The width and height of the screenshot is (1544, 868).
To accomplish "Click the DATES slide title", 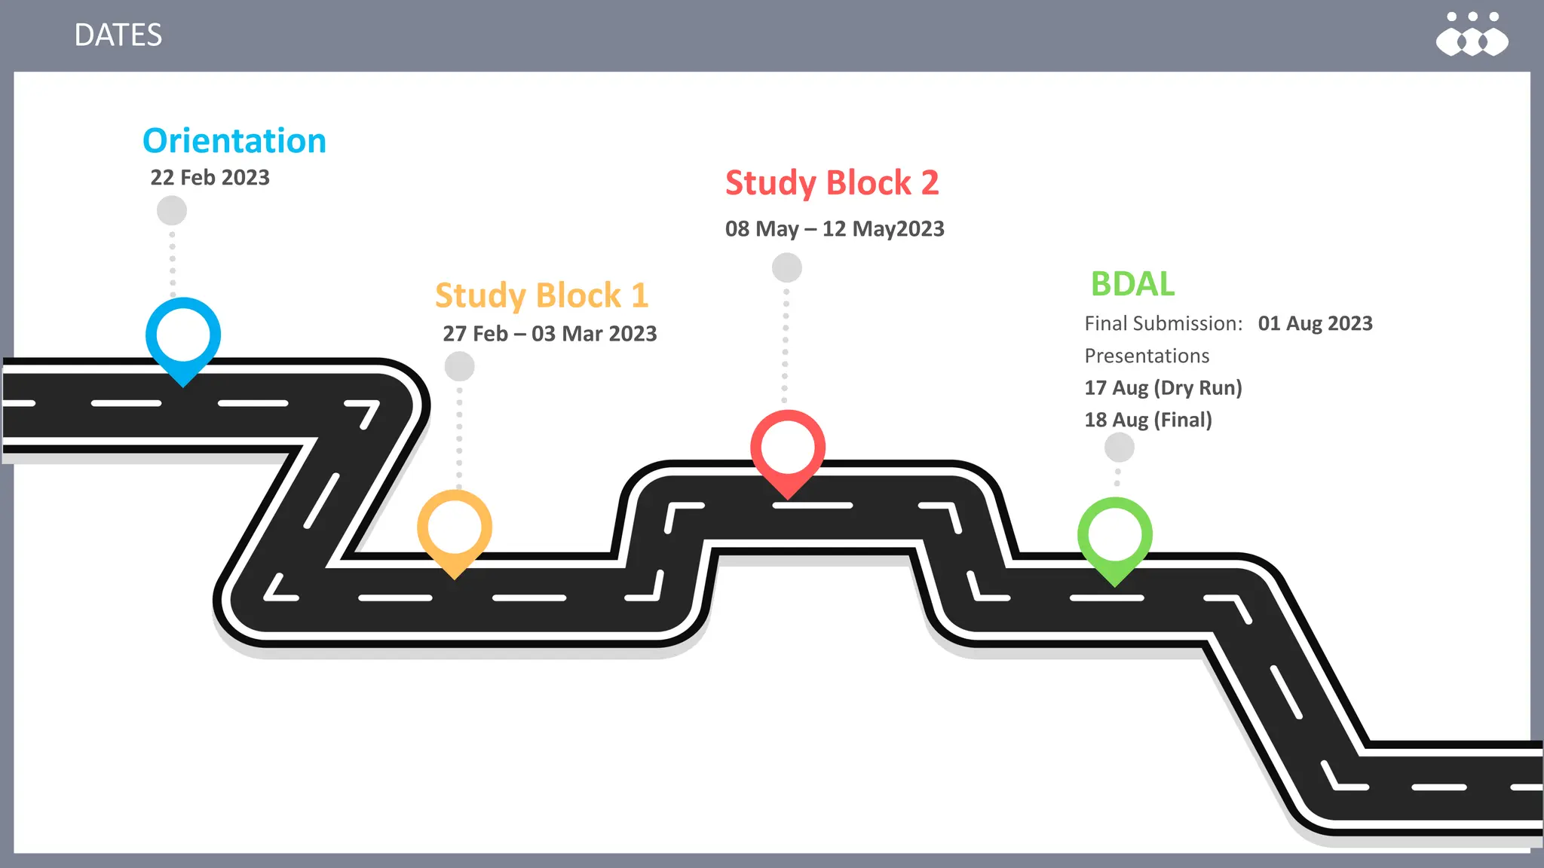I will click(118, 35).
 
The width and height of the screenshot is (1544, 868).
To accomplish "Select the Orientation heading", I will click(234, 141).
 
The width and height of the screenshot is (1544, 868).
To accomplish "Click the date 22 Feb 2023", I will click(210, 177).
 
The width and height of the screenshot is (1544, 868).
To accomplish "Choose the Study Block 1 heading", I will click(541, 295).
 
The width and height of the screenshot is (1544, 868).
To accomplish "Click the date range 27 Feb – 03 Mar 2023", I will click(550, 334).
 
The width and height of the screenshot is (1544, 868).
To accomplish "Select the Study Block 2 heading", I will click(832, 183).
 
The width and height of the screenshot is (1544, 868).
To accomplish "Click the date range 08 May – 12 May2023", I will click(835, 229).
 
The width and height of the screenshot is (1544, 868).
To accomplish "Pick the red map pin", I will click(788, 449).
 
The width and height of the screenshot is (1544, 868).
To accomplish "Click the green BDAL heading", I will click(1132, 284).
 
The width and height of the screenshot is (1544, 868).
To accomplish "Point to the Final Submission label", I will click(1163, 324).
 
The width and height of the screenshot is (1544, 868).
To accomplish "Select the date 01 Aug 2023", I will click(1315, 324).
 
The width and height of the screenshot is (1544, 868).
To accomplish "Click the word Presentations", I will click(1147, 356).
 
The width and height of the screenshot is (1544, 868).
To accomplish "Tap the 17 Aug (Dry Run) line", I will click(1163, 388).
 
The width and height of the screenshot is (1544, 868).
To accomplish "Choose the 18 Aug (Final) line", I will click(1147, 420).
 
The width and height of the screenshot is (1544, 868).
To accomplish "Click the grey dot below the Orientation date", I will click(172, 211).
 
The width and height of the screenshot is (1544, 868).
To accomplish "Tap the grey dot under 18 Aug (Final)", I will click(1120, 448).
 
